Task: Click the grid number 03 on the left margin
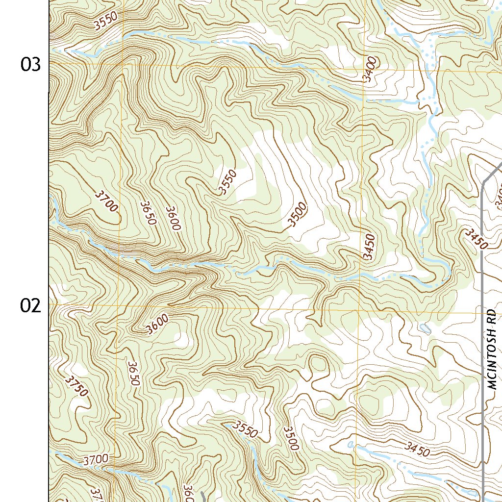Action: coord(30,64)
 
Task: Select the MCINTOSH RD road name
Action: coord(493,350)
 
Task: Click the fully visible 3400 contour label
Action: coord(371,70)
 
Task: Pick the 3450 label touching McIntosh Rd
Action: coord(477,239)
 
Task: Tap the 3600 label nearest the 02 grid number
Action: coord(157,324)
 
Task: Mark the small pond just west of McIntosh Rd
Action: coord(425,329)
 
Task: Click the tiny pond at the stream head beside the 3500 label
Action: coord(350,445)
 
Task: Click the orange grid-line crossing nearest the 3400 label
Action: coord(364,70)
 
